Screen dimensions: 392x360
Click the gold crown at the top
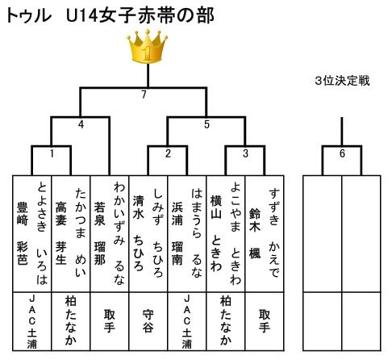[148, 46]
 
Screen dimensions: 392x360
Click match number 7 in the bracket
[144, 94]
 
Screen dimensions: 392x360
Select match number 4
[81, 124]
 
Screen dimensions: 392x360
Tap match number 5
[206, 124]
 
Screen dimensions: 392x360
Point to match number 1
[52, 153]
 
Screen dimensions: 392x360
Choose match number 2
[168, 153]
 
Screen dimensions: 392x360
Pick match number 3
[245, 153]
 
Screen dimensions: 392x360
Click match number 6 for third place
[342, 153]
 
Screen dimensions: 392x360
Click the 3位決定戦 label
[342, 81]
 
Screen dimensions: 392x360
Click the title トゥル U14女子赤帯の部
[111, 15]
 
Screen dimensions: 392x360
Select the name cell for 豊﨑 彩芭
[32, 233]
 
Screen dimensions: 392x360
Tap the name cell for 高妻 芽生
[71, 233]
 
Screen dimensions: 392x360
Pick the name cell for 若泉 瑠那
[110, 233]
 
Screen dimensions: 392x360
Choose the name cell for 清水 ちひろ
[148, 233]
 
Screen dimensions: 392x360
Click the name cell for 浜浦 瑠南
[187, 233]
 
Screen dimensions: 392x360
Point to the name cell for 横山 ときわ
[226, 233]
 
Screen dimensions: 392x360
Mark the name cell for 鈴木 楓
[265, 233]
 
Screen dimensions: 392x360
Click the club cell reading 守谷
[148, 321]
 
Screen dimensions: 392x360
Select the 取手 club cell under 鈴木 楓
[265, 321]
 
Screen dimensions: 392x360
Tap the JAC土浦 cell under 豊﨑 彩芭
[32, 321]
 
